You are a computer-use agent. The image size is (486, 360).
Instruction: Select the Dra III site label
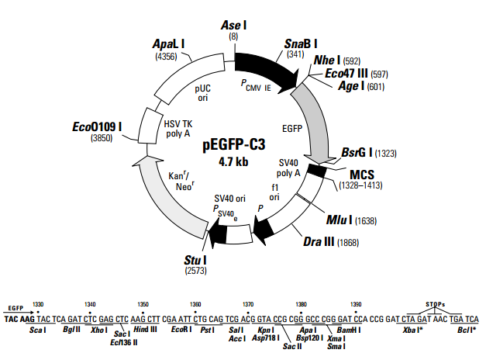(x=318, y=242)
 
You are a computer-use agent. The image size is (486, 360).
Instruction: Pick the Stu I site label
(x=194, y=259)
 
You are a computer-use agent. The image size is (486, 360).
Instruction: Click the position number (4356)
(x=167, y=57)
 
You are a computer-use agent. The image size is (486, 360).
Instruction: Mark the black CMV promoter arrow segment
(x=266, y=67)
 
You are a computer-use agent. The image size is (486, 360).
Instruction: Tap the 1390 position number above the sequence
(x=355, y=303)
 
